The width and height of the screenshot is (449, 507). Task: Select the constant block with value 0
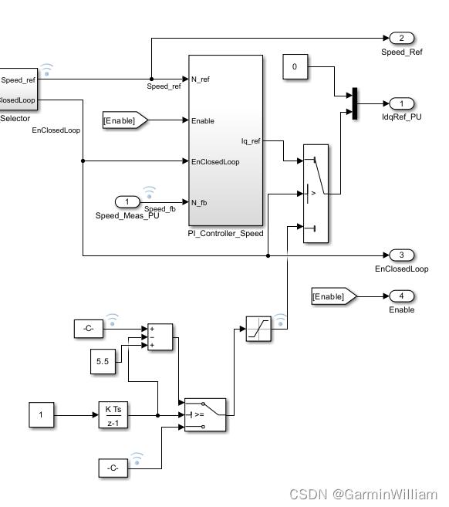point(294,68)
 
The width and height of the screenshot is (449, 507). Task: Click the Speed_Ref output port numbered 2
point(401,39)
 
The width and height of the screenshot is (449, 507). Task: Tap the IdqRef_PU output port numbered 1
point(401,103)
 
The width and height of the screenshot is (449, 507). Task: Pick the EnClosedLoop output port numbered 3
point(401,255)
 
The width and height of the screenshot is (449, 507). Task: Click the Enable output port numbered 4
point(401,296)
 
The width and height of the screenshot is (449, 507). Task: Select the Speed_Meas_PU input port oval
point(127,201)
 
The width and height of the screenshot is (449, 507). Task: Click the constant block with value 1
point(41,415)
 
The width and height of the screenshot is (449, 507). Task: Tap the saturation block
point(257,330)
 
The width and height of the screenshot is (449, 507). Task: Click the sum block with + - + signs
point(160,337)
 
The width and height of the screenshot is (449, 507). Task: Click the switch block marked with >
point(317,194)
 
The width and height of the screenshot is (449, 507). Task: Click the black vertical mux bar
point(355,103)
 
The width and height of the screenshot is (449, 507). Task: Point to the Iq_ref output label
point(251,141)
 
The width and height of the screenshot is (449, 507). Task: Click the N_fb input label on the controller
point(199,202)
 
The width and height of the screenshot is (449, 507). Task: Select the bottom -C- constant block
point(113,467)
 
